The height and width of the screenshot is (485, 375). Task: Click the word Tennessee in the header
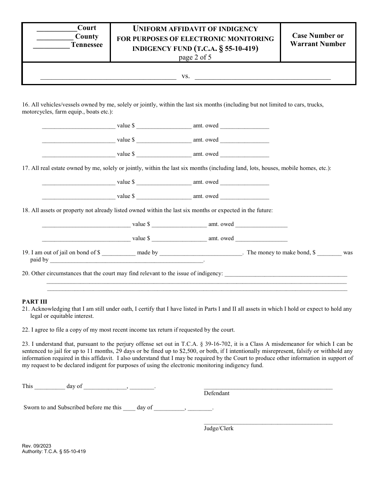point(86,45)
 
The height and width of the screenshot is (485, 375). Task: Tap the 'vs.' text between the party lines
point(186,76)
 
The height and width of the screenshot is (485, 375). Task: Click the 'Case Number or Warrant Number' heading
point(318,40)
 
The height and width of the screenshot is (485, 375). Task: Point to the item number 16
point(25,105)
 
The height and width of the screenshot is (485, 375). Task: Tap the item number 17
point(25,168)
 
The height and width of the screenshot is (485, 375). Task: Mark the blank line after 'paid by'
point(126,261)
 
